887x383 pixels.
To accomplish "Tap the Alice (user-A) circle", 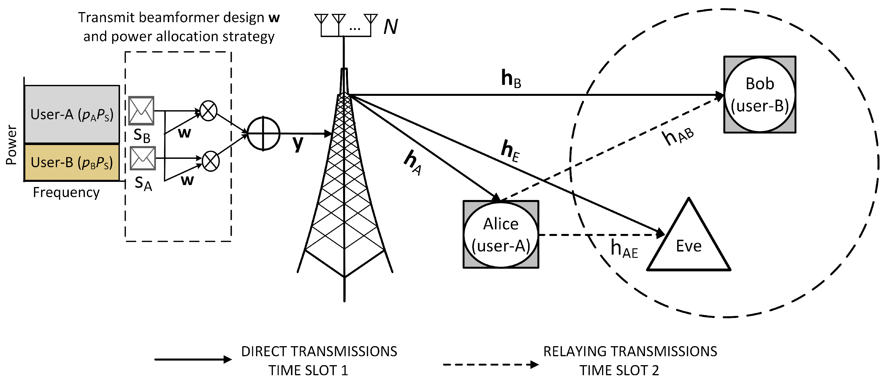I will click(x=501, y=235).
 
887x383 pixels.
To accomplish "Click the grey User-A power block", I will click(x=72, y=114).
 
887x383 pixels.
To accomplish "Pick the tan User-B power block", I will click(x=72, y=162).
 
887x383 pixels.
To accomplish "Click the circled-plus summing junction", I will click(x=263, y=134).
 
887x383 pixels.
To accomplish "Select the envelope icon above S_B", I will click(x=141, y=110).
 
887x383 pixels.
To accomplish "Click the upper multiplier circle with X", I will click(x=208, y=111).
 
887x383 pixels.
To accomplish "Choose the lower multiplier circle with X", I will click(x=211, y=161).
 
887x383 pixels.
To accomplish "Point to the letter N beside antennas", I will click(x=391, y=26).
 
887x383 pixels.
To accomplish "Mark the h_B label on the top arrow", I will click(x=511, y=79).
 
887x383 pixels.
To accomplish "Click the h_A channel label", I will click(x=412, y=162).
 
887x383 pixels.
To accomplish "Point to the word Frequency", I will click(x=66, y=192).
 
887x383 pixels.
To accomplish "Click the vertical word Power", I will click(x=11, y=145).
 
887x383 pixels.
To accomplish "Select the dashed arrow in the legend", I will click(x=490, y=364).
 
